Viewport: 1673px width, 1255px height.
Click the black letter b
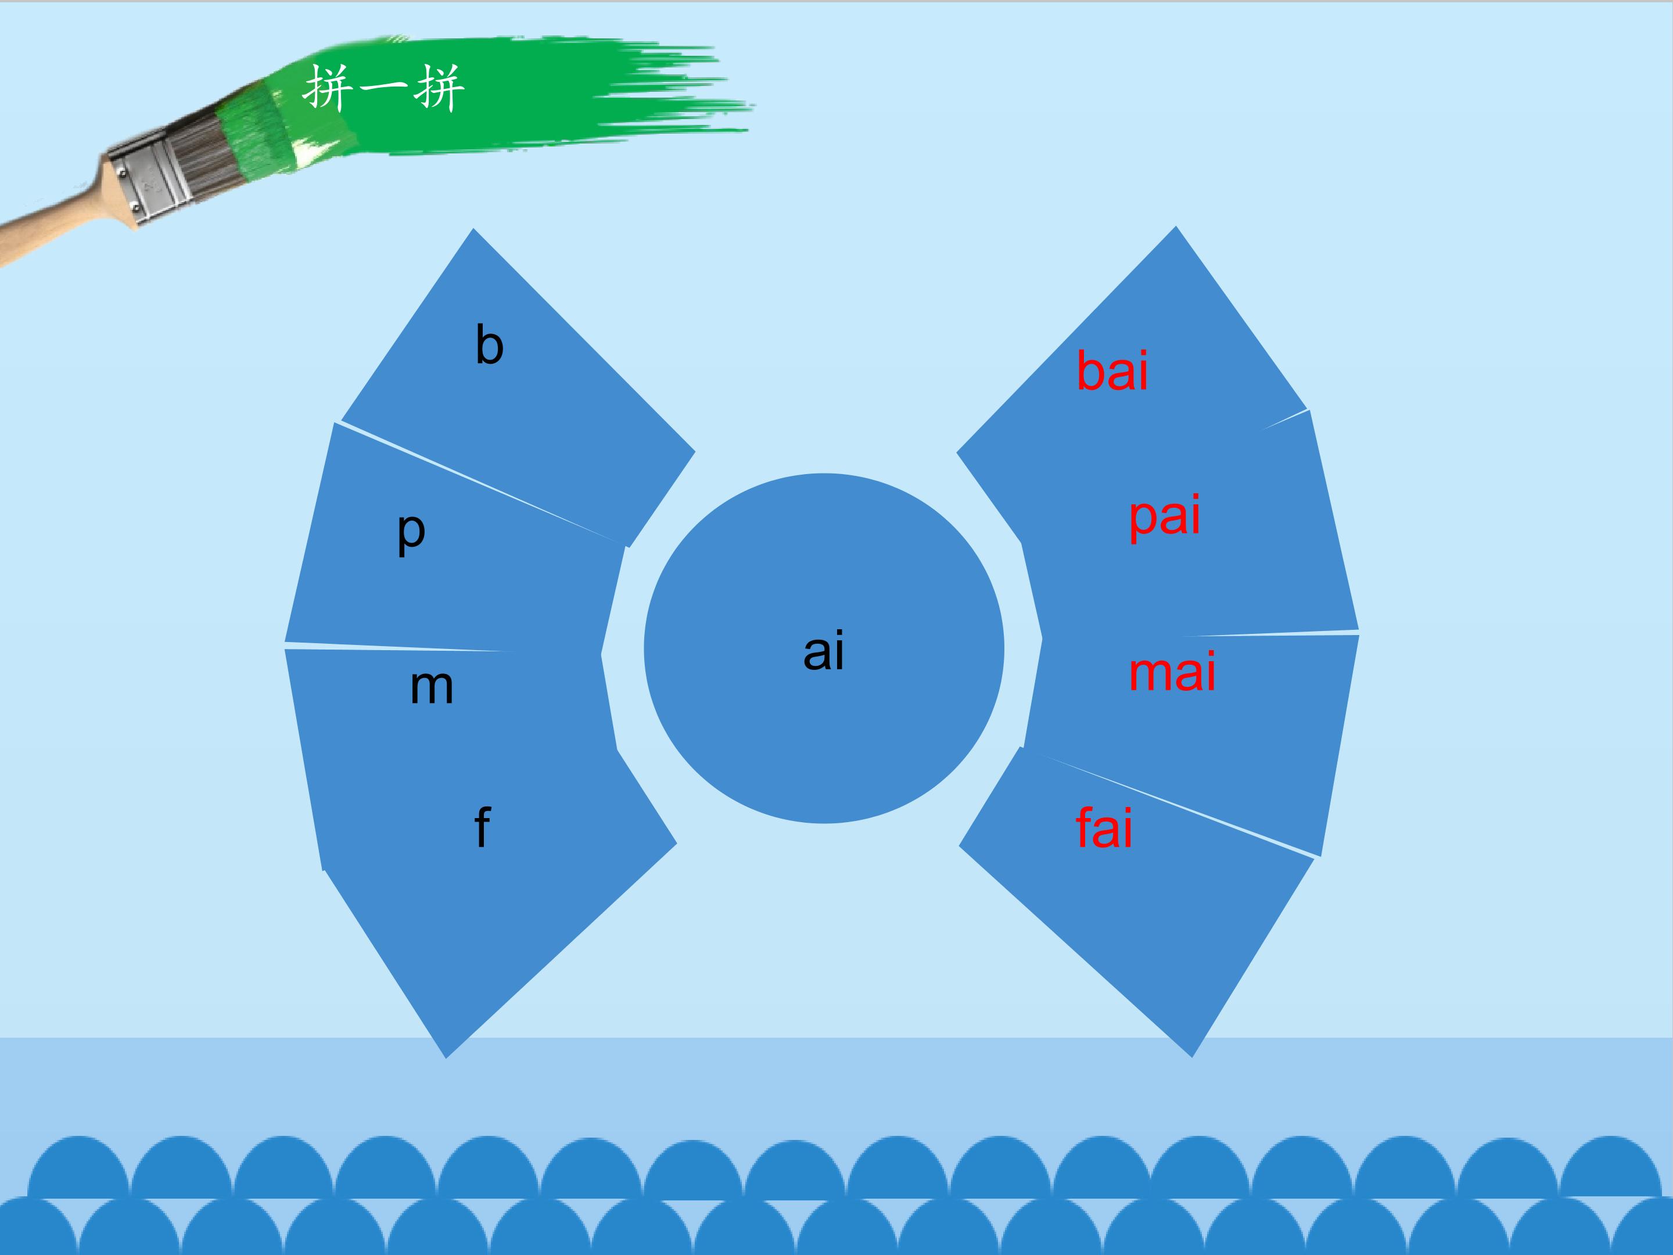(489, 345)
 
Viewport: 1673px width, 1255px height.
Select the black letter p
(411, 533)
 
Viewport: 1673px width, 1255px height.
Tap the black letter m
(432, 688)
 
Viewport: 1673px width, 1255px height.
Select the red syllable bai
(1112, 371)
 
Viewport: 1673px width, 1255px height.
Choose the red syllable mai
(1172, 672)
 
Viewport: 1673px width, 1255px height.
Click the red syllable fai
(1104, 827)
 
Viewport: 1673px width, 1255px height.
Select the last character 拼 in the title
(439, 88)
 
